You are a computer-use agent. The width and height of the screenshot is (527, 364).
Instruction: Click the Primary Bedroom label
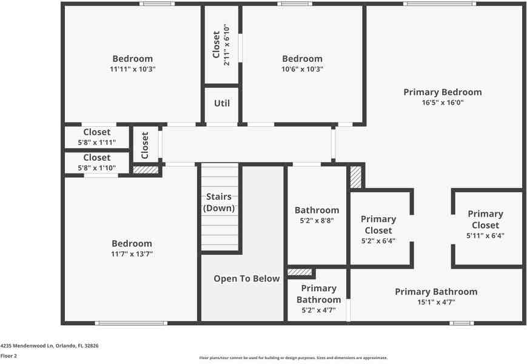pos(443,92)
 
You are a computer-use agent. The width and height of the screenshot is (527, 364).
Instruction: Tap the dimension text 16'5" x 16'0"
pos(443,103)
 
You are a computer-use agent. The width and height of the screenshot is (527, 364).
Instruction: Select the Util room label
pos(222,103)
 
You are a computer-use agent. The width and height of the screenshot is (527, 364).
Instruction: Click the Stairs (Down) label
pos(219,203)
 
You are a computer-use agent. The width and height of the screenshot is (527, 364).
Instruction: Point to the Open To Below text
pos(247,279)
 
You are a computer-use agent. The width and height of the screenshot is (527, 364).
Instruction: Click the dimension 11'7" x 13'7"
pos(132,254)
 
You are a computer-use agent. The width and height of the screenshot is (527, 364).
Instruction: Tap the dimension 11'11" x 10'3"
pos(133,69)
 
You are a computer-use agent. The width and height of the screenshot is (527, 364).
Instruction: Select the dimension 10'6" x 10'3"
pos(302,69)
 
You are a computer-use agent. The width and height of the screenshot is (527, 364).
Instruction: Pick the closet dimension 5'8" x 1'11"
pos(97,143)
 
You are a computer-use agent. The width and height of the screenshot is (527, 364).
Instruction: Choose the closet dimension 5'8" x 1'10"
pos(97,168)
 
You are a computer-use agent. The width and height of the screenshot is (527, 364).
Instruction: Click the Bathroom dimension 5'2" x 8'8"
pos(317,221)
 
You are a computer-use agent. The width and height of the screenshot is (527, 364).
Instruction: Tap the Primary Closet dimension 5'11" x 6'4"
pos(485,235)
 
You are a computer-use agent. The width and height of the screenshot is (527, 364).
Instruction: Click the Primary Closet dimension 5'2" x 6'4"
pos(378,241)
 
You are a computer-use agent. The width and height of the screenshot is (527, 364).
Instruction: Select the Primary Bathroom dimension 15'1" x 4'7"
pos(436,302)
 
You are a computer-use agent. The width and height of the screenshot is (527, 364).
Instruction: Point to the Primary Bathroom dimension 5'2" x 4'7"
pos(318,310)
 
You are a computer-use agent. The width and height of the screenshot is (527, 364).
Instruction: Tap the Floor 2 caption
pos(8,356)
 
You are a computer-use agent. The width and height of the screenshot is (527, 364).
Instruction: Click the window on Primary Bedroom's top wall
pos(440,4)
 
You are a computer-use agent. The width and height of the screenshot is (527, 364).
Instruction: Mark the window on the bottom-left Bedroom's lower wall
pos(131,323)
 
